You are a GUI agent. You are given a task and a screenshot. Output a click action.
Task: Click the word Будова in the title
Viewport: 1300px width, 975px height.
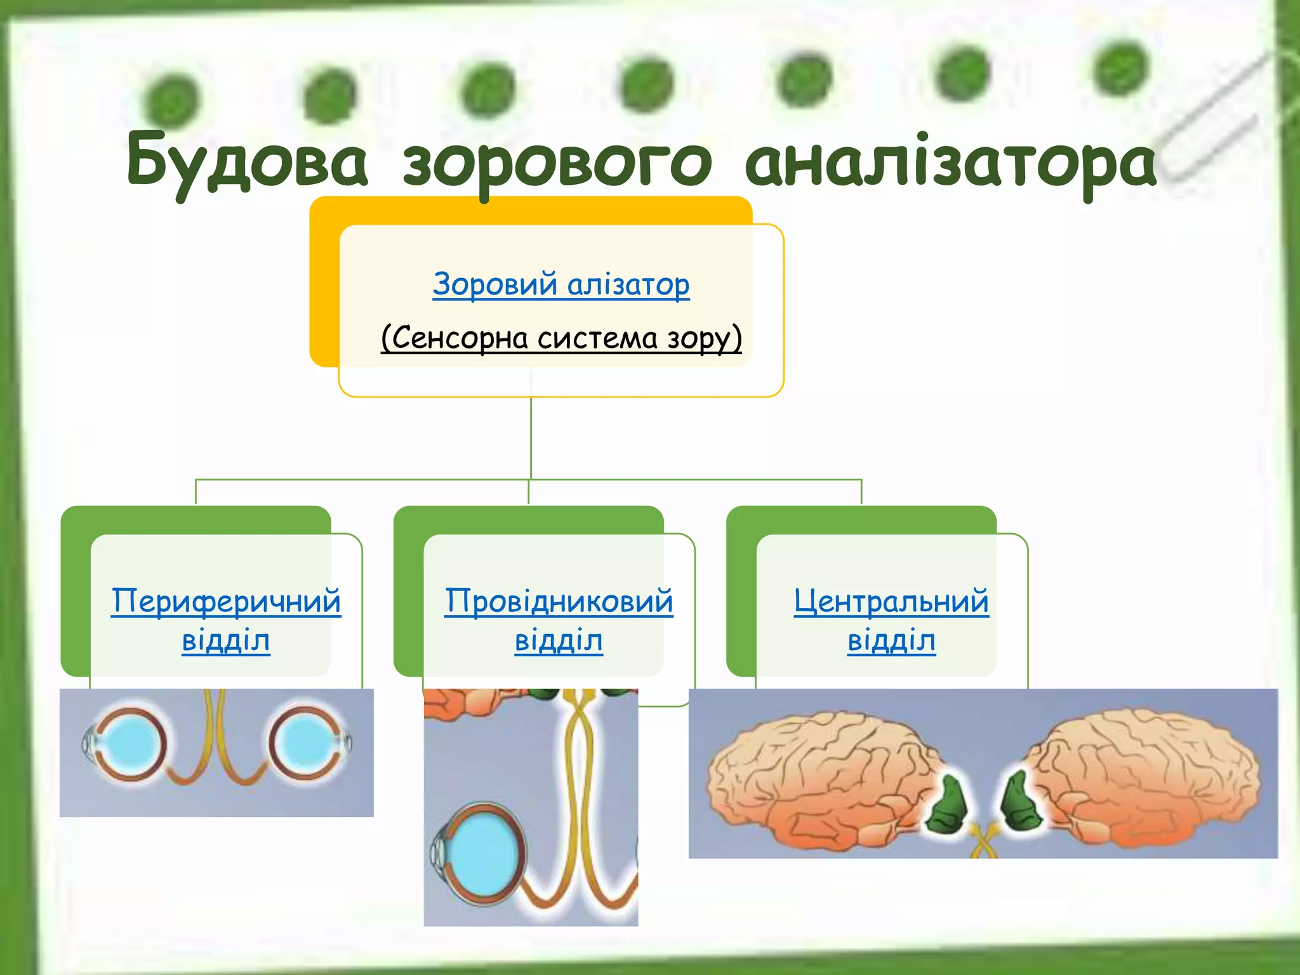[247, 161]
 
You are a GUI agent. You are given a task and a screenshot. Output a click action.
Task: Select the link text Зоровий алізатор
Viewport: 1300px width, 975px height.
[560, 284]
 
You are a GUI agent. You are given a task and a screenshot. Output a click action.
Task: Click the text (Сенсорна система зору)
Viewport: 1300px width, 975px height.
[561, 337]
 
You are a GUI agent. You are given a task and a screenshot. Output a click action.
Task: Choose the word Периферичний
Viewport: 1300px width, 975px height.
[226, 600]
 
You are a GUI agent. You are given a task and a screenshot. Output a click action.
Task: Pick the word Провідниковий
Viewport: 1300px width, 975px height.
[559, 600]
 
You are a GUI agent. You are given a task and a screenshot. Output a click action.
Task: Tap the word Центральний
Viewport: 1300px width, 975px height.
[891, 600]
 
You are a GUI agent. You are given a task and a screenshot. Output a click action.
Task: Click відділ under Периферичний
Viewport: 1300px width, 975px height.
[226, 640]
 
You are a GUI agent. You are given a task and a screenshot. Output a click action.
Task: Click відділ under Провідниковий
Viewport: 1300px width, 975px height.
[559, 640]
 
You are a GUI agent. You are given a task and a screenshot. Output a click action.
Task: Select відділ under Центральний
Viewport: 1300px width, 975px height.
[891, 640]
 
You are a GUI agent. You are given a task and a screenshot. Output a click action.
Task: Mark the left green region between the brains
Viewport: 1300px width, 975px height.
[948, 806]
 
